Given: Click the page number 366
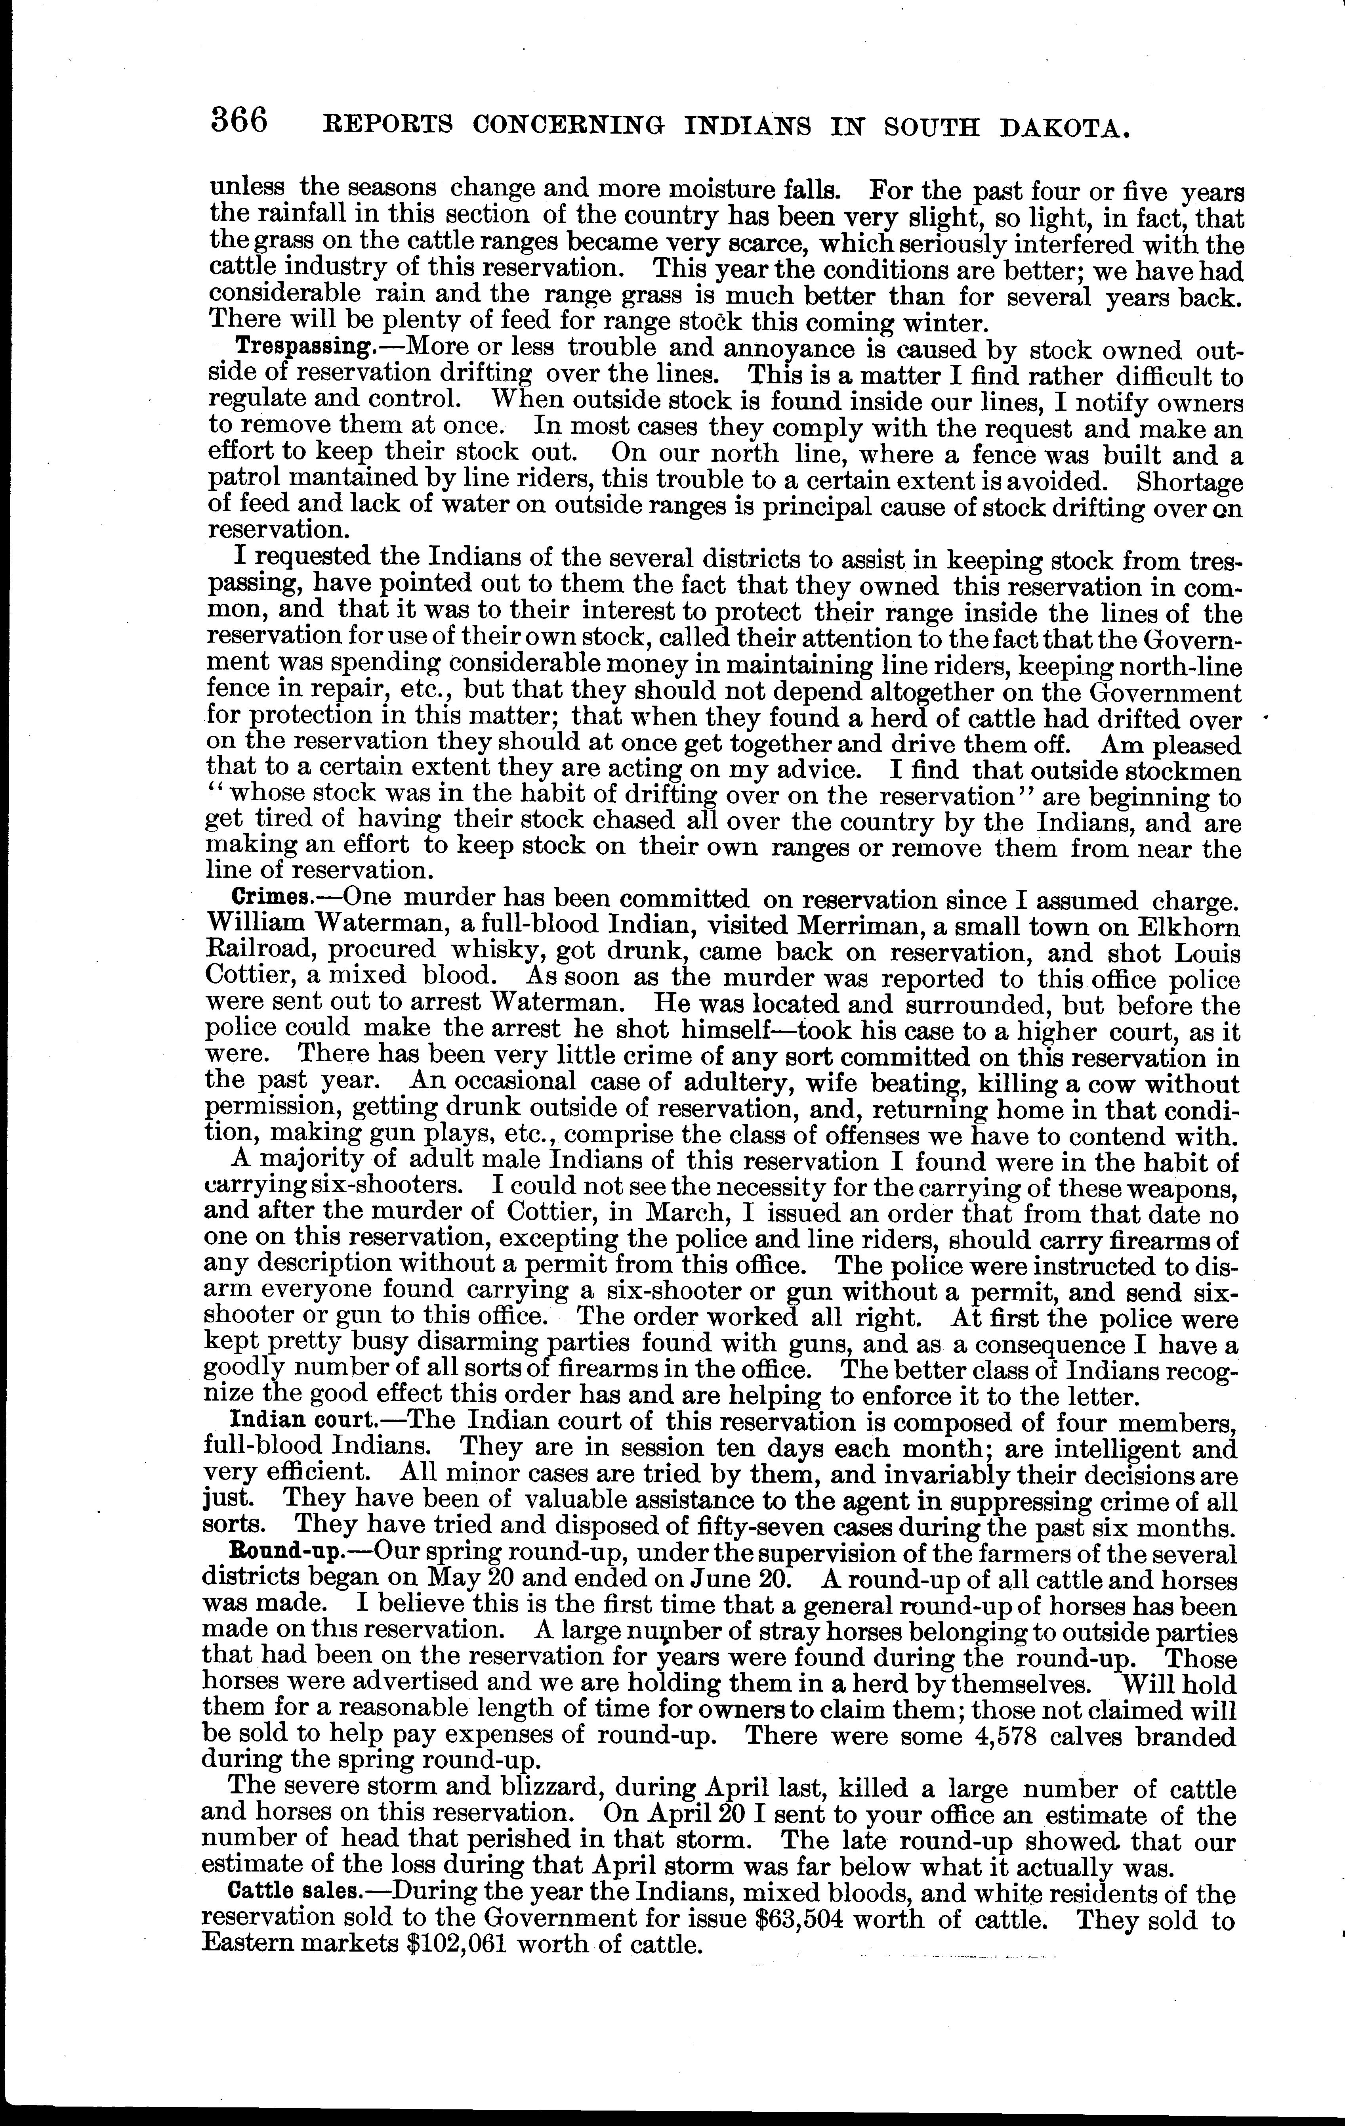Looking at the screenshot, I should pos(239,121).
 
